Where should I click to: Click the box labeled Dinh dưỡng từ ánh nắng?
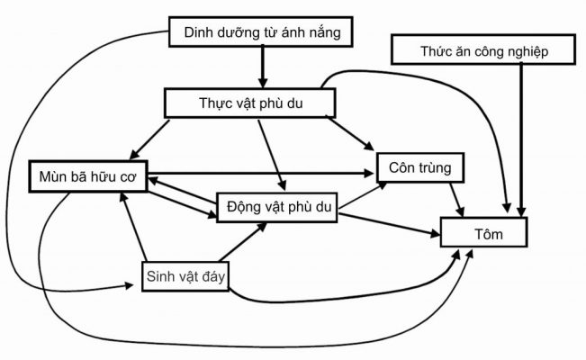260,34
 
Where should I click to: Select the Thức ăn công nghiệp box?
482,50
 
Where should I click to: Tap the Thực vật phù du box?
250,103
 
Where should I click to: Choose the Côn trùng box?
419,167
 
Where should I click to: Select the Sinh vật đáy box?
185,275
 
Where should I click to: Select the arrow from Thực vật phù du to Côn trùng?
351,133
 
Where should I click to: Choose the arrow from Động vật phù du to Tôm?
387,225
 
